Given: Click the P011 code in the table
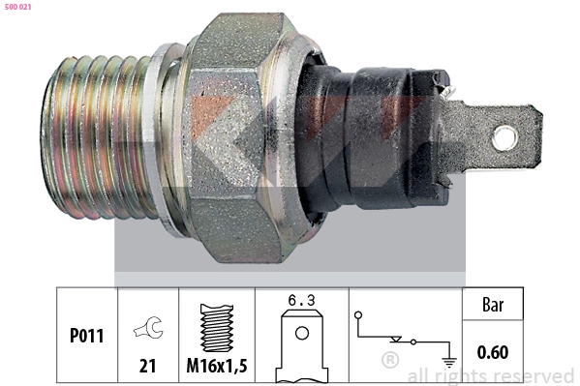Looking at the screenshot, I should tap(86, 337).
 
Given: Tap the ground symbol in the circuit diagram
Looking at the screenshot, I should tap(447, 360).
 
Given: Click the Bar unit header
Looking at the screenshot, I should tap(494, 306).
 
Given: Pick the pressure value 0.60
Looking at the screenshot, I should tap(494, 352).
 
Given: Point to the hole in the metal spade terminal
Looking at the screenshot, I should tap(504, 138).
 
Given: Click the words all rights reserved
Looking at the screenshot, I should tap(490, 375).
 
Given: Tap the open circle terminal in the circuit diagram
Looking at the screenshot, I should tap(357, 315).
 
